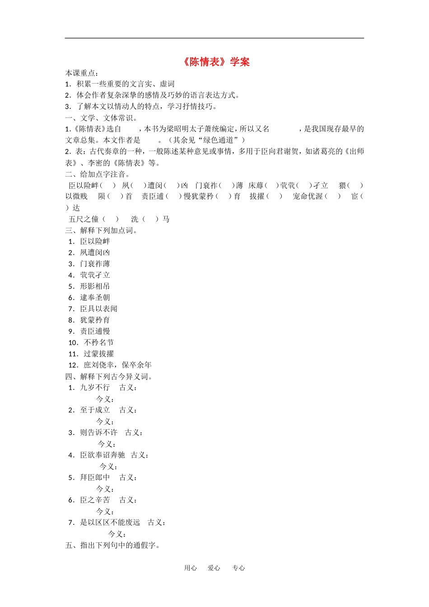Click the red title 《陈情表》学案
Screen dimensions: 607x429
click(x=216, y=62)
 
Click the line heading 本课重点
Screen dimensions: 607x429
click(x=82, y=73)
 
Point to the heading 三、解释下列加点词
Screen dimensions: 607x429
click(x=101, y=230)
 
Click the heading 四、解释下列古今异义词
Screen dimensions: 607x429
click(x=109, y=376)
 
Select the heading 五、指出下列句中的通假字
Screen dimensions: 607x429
click(x=112, y=545)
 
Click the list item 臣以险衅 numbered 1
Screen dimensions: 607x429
click(x=95, y=242)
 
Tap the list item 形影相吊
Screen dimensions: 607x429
click(x=95, y=286)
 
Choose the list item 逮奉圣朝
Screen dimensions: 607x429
click(x=95, y=298)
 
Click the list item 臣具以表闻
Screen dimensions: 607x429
click(x=98, y=309)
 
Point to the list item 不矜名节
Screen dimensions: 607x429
click(x=98, y=343)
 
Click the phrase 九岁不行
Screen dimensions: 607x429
click(x=95, y=388)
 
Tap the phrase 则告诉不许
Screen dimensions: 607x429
click(x=98, y=433)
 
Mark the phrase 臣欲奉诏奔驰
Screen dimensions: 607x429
click(x=103, y=455)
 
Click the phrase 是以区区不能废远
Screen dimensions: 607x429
click(x=110, y=523)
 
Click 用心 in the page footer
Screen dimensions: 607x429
click(x=191, y=568)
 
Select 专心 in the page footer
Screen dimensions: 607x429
click(x=238, y=568)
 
